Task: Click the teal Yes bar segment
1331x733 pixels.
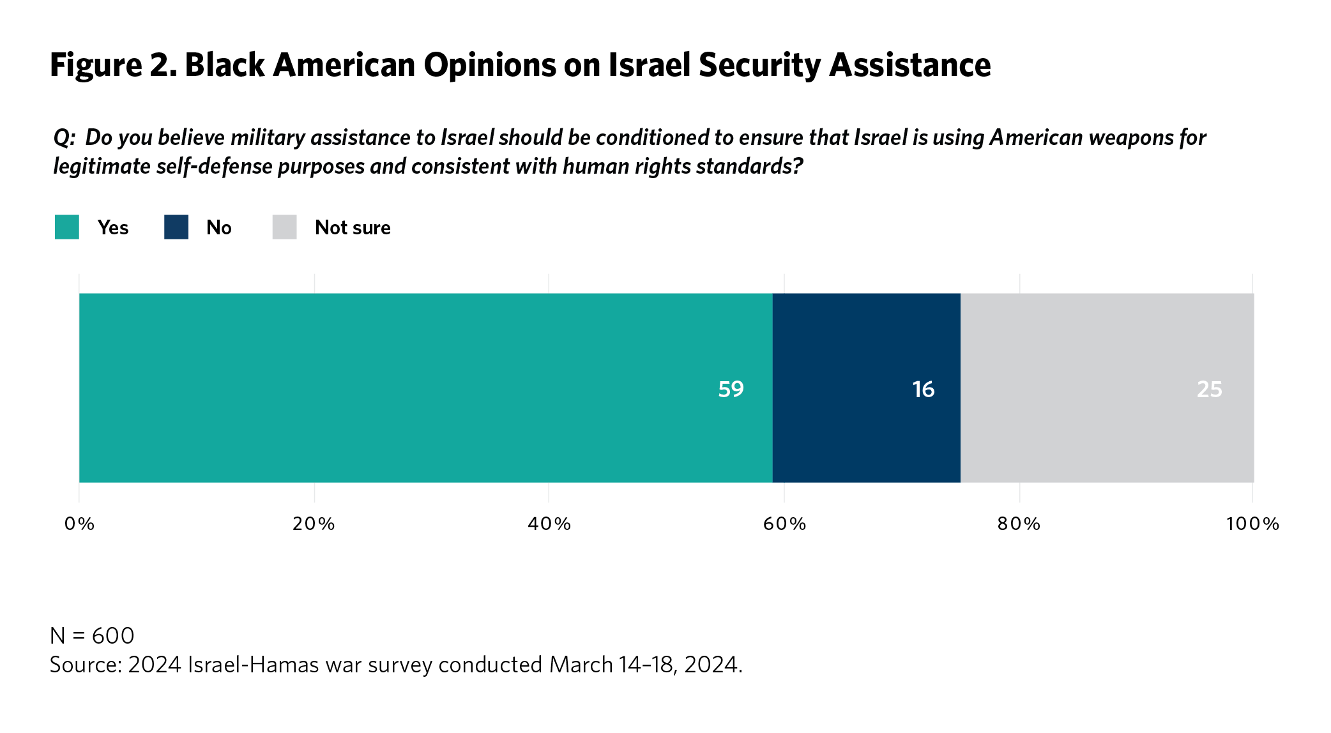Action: [425, 388]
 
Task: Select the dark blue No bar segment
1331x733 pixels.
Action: [866, 388]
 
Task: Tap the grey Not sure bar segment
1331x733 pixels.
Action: [1107, 388]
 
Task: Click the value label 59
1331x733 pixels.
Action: [731, 389]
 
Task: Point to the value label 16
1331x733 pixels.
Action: [923, 389]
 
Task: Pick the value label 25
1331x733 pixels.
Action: [1209, 389]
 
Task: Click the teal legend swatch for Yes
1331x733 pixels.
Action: [67, 227]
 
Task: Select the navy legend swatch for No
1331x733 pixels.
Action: [176, 227]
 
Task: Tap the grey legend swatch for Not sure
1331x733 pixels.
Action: [284, 227]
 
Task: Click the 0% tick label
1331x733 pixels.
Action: [79, 524]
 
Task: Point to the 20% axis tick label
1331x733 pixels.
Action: [314, 524]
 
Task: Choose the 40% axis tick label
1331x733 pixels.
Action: [549, 524]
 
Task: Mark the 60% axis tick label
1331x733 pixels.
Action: [784, 524]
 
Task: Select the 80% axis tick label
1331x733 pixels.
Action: [1019, 524]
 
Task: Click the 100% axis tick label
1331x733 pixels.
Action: [1252, 524]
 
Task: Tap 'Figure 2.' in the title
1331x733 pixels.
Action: [113, 65]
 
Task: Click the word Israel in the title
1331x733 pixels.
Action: [649, 65]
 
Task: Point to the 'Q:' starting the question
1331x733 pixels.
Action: [65, 138]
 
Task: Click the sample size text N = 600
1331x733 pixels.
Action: [92, 636]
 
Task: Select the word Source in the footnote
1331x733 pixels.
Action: [85, 665]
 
